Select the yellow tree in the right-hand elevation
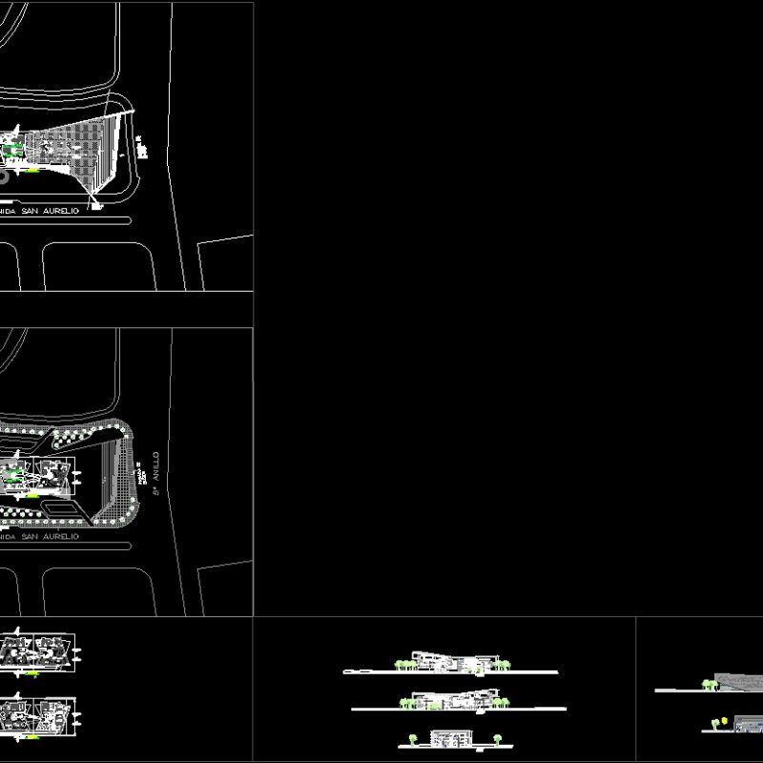pos(725,720)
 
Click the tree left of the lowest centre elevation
pos(412,738)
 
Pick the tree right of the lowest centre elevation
pos(496,737)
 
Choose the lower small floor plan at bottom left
pos(38,713)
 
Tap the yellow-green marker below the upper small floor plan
pos(33,673)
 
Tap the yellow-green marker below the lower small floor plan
pos(33,735)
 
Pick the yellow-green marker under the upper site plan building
pos(33,171)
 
